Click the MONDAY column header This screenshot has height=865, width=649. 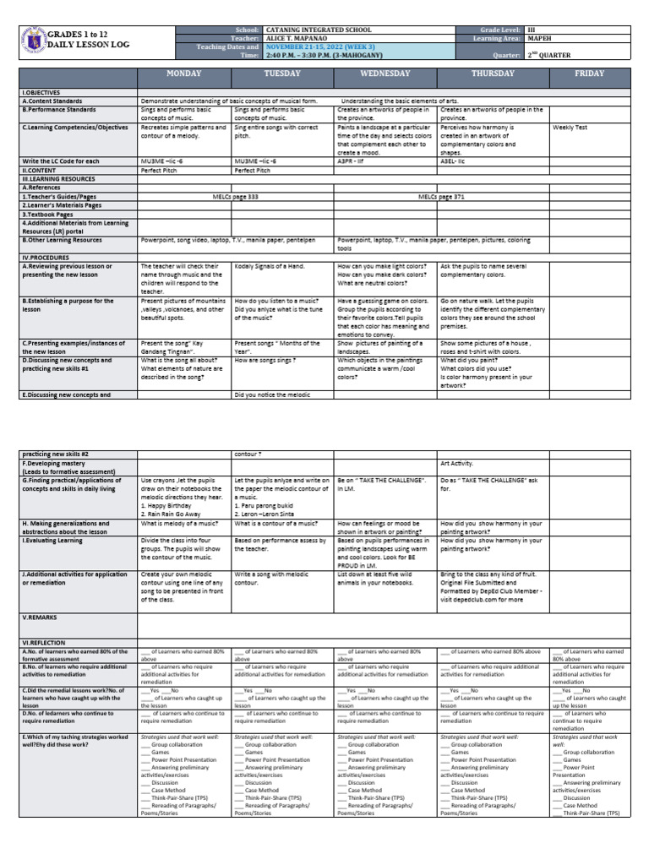pyautogui.click(x=183, y=73)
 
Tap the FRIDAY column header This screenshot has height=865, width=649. pyautogui.click(x=587, y=73)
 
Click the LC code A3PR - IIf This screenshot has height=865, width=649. pyautogui.click(x=352, y=160)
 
